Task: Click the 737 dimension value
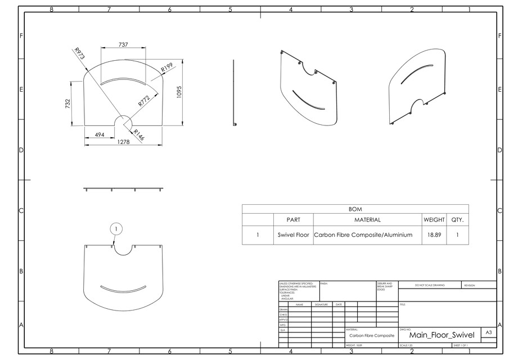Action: pyautogui.click(x=123, y=44)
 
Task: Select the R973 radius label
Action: pyautogui.click(x=79, y=53)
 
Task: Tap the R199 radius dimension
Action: pyautogui.click(x=166, y=67)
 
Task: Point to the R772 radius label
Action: pyautogui.click(x=144, y=101)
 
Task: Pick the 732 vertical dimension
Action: pyautogui.click(x=67, y=103)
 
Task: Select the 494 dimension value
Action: pyautogui.click(x=99, y=135)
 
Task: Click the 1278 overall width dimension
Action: pyautogui.click(x=123, y=143)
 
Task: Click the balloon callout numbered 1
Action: pyautogui.click(x=116, y=228)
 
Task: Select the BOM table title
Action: pyautogui.click(x=355, y=209)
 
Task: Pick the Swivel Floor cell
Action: pyautogui.click(x=293, y=235)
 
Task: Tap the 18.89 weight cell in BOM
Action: pyautogui.click(x=434, y=235)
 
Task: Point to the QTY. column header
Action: pyautogui.click(x=457, y=220)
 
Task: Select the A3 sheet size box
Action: pyautogui.click(x=489, y=333)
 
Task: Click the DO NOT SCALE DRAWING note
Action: pyautogui.click(x=429, y=285)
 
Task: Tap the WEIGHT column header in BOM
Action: pyautogui.click(x=434, y=220)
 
